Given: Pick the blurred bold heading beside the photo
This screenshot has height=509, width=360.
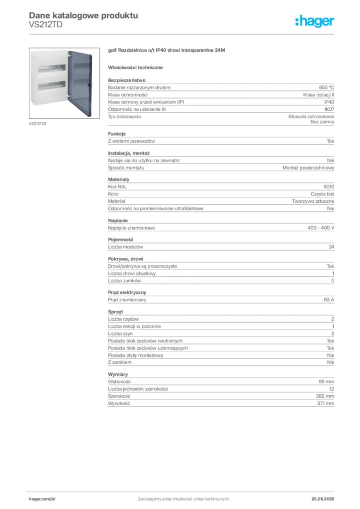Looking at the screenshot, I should coord(167,52).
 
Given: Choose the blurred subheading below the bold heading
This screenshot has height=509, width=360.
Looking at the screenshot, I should coord(136,66).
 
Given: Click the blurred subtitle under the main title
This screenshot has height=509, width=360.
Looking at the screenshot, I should coord(45,28).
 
